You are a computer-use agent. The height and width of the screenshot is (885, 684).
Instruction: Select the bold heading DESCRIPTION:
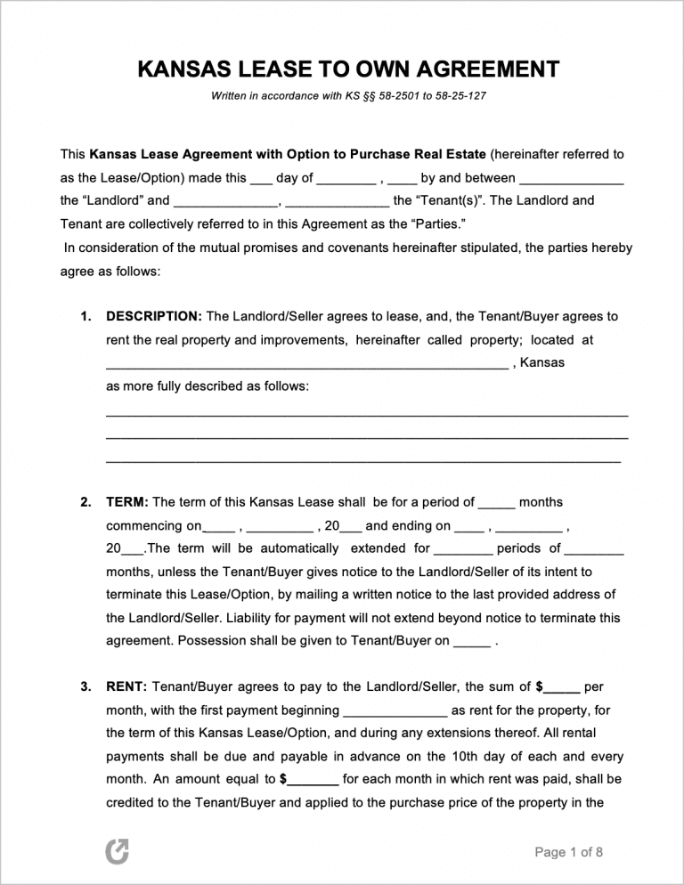coord(154,316)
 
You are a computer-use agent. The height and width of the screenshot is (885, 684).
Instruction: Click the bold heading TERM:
coord(127,502)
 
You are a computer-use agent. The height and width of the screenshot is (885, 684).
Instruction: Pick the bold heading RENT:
coord(127,686)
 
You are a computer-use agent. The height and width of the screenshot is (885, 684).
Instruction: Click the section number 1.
coord(85,316)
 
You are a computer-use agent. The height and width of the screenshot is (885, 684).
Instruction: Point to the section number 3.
coord(85,686)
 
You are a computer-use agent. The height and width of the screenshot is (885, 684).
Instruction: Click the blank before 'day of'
coord(261,179)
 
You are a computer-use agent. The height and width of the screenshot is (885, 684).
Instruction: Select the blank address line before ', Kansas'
coord(306,364)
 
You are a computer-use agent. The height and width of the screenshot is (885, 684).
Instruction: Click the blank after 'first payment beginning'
coord(395,711)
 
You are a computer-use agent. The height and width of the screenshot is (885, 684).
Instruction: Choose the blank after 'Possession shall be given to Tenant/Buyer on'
coord(471,641)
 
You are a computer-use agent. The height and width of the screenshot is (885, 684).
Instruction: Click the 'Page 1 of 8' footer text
coord(568,852)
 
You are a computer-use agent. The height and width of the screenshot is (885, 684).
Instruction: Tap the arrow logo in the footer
coord(118,852)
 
